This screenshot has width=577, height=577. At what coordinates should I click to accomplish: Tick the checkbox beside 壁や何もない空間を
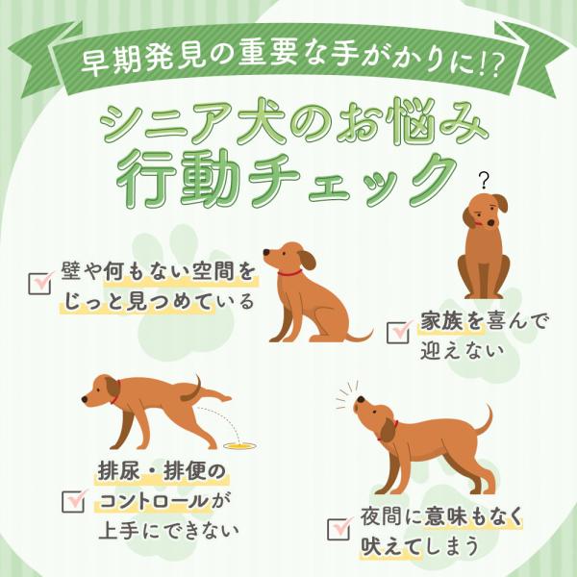[39, 284]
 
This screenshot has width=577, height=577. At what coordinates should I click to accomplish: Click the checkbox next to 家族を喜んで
[398, 333]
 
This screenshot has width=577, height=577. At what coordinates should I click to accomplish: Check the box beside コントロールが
[73, 502]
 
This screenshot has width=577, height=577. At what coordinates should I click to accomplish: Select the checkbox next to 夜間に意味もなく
[339, 529]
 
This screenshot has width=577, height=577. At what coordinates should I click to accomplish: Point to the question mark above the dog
[485, 181]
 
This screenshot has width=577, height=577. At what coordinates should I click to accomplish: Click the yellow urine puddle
[239, 446]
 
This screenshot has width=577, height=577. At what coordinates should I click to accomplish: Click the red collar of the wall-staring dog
[289, 273]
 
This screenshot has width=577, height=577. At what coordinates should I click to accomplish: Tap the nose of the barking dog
[361, 400]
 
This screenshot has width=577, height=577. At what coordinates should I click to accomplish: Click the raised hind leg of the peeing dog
[210, 394]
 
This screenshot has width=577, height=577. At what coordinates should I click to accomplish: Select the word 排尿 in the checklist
[119, 471]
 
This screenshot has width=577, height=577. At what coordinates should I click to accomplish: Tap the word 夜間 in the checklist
[382, 516]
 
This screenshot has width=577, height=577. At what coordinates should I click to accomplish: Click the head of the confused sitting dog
[485, 212]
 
